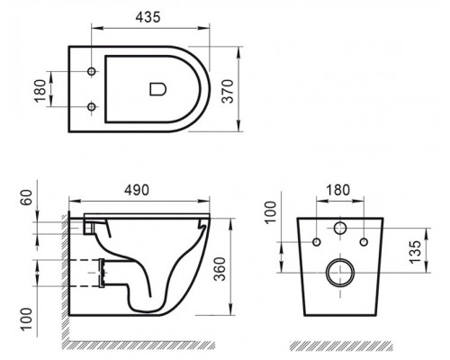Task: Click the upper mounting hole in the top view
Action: point(93,70)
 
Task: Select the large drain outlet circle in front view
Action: point(341,271)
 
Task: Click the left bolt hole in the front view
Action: point(318,242)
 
